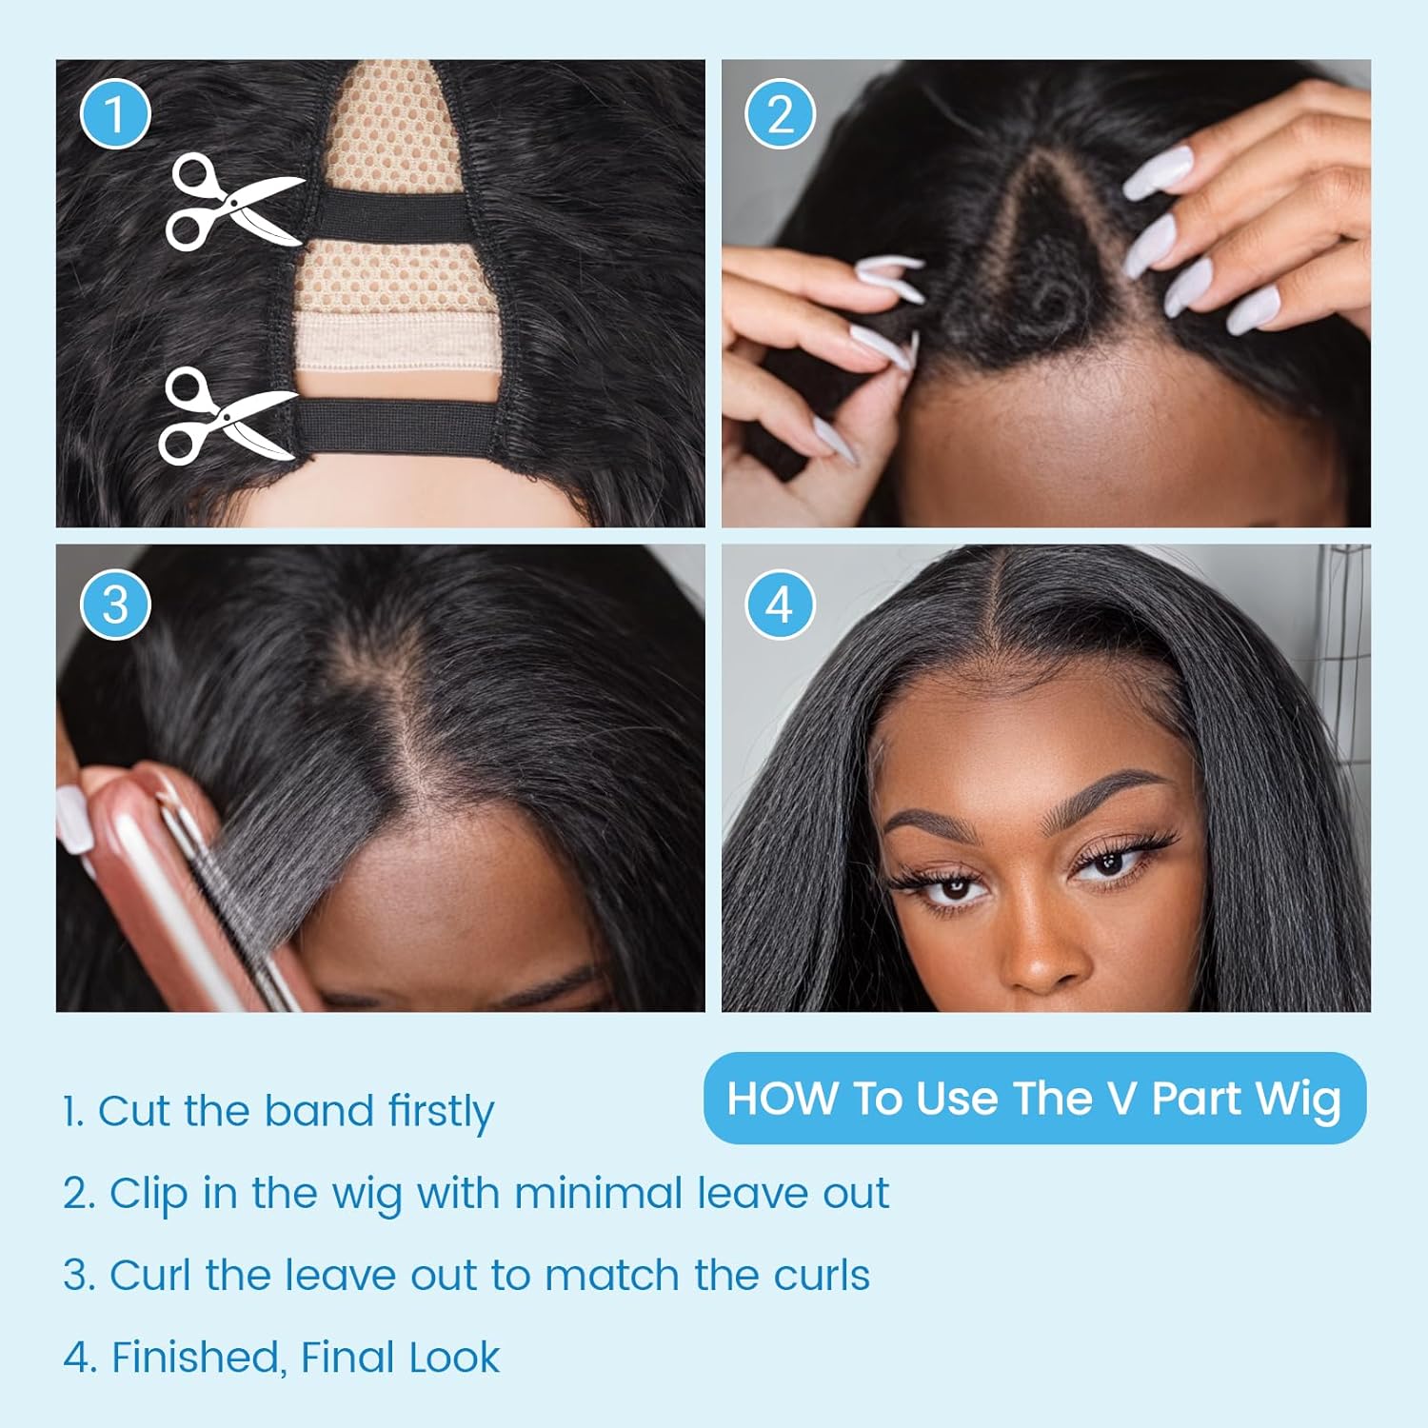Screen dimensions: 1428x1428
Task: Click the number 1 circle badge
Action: (115, 114)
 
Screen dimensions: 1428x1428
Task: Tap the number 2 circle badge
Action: (780, 114)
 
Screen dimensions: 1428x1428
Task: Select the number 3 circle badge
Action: (115, 605)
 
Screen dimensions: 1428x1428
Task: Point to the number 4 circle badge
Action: (780, 605)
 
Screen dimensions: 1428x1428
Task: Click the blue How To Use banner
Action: (1035, 1098)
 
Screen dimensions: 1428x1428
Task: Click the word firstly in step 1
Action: (441, 1111)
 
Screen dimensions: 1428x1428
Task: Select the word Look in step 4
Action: (454, 1358)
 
